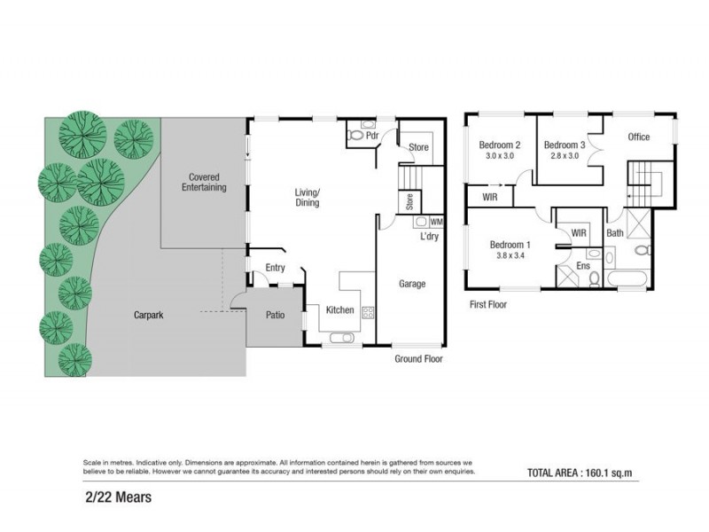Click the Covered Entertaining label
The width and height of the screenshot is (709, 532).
(x=204, y=182)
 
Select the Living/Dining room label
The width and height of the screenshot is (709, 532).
(x=307, y=197)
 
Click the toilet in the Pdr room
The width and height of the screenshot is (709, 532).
(x=357, y=137)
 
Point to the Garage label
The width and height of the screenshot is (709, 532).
(x=411, y=284)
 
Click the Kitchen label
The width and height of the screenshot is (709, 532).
(x=340, y=310)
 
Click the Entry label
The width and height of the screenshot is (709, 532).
(x=275, y=268)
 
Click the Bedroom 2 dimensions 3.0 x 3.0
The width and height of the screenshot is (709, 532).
(x=500, y=156)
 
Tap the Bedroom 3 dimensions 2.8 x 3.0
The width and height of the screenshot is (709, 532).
(x=565, y=156)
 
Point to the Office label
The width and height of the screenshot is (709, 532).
(x=638, y=137)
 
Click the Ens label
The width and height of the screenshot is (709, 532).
(x=583, y=264)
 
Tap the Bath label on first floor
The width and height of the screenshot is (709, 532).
(x=614, y=233)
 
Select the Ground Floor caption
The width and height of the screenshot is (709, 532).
(x=418, y=359)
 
